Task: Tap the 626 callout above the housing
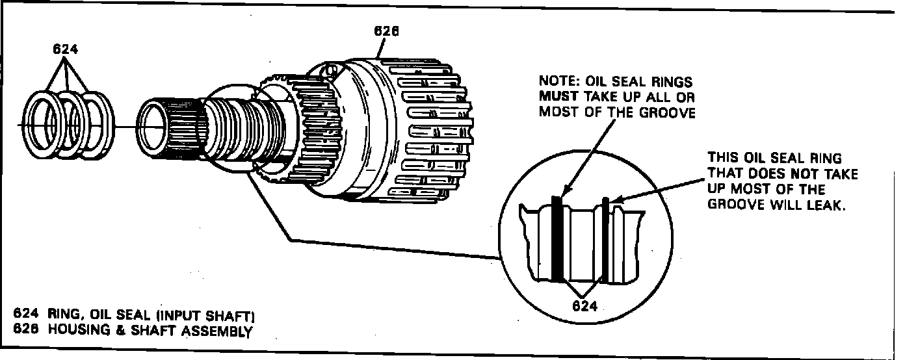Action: point(386,31)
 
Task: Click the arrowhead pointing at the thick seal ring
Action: point(564,192)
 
